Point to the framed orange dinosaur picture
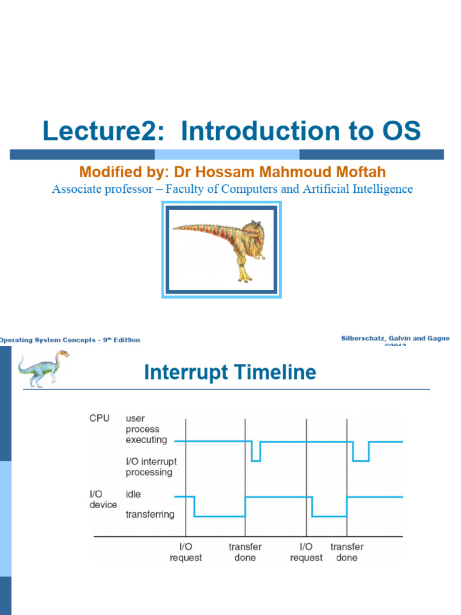point(221,250)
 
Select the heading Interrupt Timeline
point(230,372)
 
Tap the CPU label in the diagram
point(100,418)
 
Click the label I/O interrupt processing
point(151,467)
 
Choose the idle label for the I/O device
point(133,494)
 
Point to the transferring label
point(150,514)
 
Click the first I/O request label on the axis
point(185,552)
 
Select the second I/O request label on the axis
point(306,552)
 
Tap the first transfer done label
point(245,552)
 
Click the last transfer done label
point(346,552)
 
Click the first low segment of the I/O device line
point(220,515)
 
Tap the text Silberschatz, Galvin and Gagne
point(395,339)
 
